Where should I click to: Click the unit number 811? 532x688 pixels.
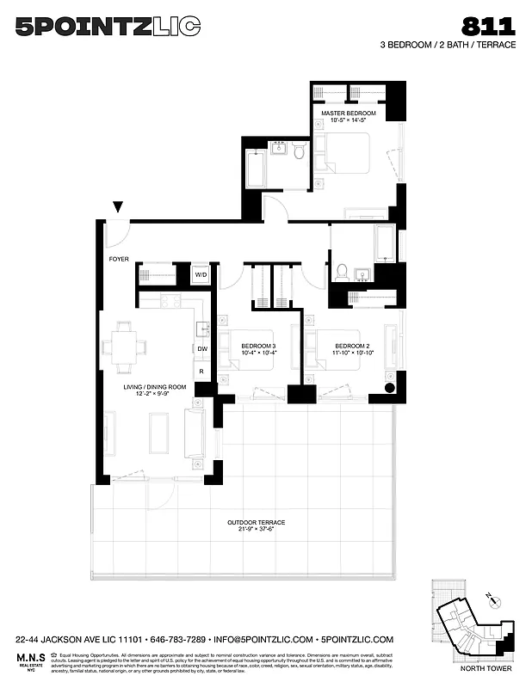click(490, 26)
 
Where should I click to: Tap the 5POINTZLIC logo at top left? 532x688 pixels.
click(108, 27)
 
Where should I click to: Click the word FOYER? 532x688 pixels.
click(118, 258)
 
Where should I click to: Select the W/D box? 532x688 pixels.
click(201, 275)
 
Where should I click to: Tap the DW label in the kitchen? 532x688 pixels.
click(202, 348)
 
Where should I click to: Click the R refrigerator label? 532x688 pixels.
click(201, 372)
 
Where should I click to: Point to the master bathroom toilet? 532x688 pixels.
click(299, 152)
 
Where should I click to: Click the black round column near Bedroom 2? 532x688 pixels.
click(389, 388)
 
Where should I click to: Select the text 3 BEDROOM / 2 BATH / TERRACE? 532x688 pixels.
click(448, 45)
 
